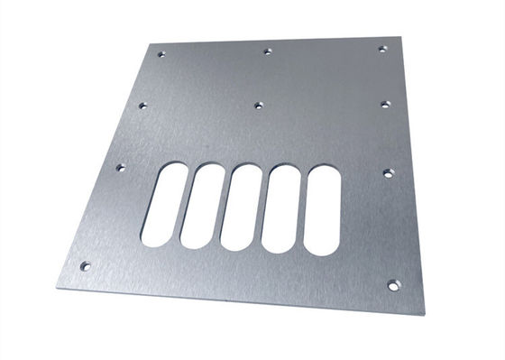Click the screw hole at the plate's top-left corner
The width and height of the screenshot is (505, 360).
[x=162, y=54]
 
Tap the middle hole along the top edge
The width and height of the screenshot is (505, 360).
[x=268, y=51]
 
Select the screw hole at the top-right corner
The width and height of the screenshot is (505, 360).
[x=381, y=48]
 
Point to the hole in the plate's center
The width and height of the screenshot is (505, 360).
[x=258, y=106]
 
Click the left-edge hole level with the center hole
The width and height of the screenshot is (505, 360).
[x=142, y=106]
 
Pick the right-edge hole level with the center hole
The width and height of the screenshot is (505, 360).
[x=385, y=105]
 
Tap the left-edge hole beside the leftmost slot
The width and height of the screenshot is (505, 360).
[x=121, y=167]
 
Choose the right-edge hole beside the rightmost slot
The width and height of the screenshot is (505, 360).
[x=389, y=171]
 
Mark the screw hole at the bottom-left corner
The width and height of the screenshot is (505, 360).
[x=85, y=266]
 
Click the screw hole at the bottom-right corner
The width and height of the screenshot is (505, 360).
[x=393, y=285]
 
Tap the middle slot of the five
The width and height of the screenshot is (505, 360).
[x=242, y=208]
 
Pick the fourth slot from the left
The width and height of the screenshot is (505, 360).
[x=281, y=209]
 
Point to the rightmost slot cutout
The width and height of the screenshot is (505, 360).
[x=322, y=211]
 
